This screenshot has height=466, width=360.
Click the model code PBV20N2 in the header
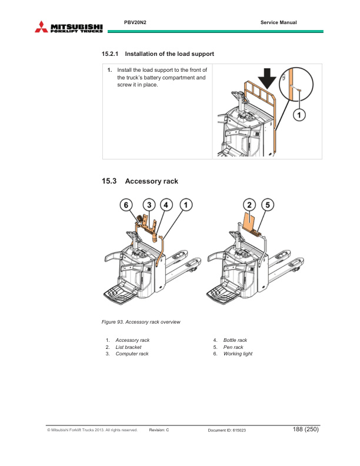pyautogui.click(x=135, y=22)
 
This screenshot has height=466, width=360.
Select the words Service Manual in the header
pyautogui.click(x=278, y=22)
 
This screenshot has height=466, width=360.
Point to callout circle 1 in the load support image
pyautogui.click(x=299, y=115)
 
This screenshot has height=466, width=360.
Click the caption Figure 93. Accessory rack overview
pyautogui.click(x=141, y=322)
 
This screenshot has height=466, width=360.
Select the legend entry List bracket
pyautogui.click(x=128, y=347)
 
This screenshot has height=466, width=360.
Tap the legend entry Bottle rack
pyautogui.click(x=235, y=340)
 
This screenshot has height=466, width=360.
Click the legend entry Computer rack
pyautogui.click(x=132, y=354)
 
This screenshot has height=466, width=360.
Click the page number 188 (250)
pyautogui.click(x=305, y=430)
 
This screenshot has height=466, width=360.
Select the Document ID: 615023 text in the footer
pyautogui.click(x=227, y=431)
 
